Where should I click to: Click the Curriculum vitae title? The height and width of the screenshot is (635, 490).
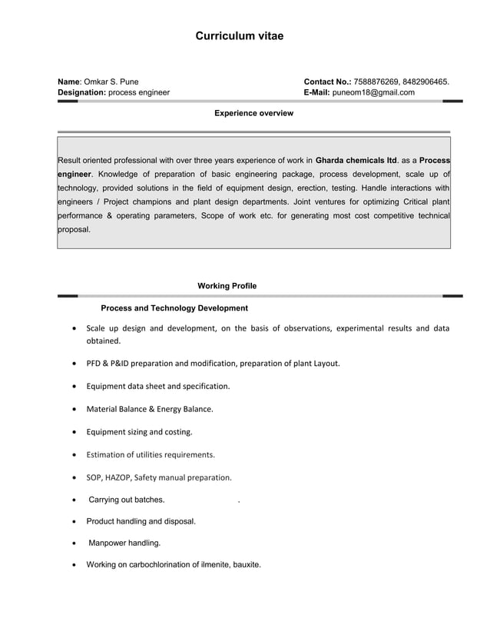[x=239, y=36]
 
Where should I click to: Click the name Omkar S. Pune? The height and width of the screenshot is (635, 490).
[x=111, y=81]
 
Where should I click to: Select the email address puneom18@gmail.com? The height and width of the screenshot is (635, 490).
[x=372, y=92]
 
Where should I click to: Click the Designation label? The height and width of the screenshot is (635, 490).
[x=81, y=92]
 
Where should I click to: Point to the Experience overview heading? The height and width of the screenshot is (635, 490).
[x=253, y=113]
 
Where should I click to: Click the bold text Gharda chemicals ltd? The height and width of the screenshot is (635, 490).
[x=356, y=161]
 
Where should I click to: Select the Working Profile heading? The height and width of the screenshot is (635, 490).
[x=227, y=286]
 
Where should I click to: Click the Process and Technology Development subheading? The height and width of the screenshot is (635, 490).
[x=174, y=308]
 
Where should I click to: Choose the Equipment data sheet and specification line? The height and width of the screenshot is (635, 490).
[x=158, y=386]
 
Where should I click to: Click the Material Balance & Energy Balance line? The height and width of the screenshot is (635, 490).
[x=150, y=409]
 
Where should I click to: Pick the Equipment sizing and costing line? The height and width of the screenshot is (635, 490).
[x=139, y=431]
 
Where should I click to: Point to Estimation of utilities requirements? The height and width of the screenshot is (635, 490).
[x=151, y=454]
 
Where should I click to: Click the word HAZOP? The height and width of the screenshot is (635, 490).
[x=118, y=477]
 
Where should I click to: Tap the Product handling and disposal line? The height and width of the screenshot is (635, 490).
[x=141, y=521]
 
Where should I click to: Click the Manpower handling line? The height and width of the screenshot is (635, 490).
[x=125, y=543]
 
